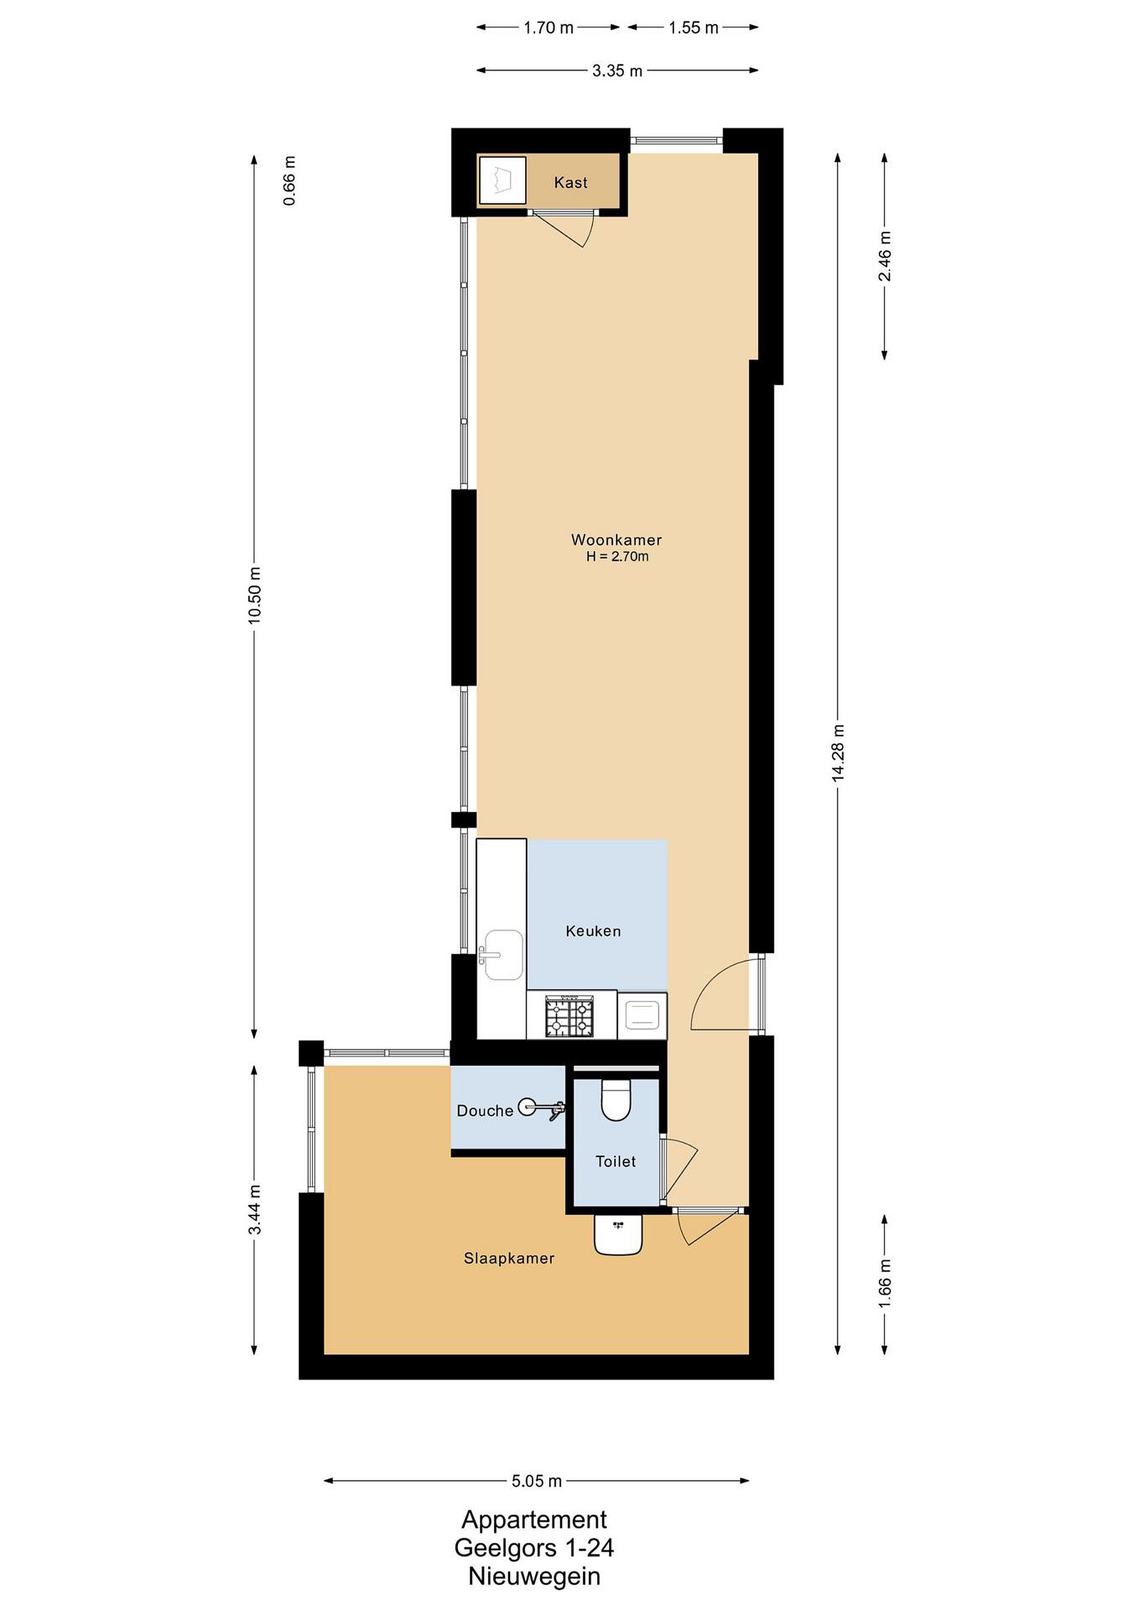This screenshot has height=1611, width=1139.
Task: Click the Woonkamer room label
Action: tap(617, 540)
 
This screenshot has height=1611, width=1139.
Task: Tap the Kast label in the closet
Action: tap(571, 182)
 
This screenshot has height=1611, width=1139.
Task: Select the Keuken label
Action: tap(593, 931)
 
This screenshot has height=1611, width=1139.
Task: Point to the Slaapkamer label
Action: tap(509, 1259)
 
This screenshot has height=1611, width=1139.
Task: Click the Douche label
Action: tap(485, 1111)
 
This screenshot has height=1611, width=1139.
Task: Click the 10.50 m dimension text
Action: tap(254, 595)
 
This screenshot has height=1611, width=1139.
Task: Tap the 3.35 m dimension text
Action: tap(617, 71)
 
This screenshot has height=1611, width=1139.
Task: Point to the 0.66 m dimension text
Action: tap(290, 180)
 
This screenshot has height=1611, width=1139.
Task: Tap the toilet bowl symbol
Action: tap(617, 1100)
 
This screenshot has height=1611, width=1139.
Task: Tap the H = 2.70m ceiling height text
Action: tap(617, 557)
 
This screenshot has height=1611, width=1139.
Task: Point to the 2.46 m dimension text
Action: tap(885, 256)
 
